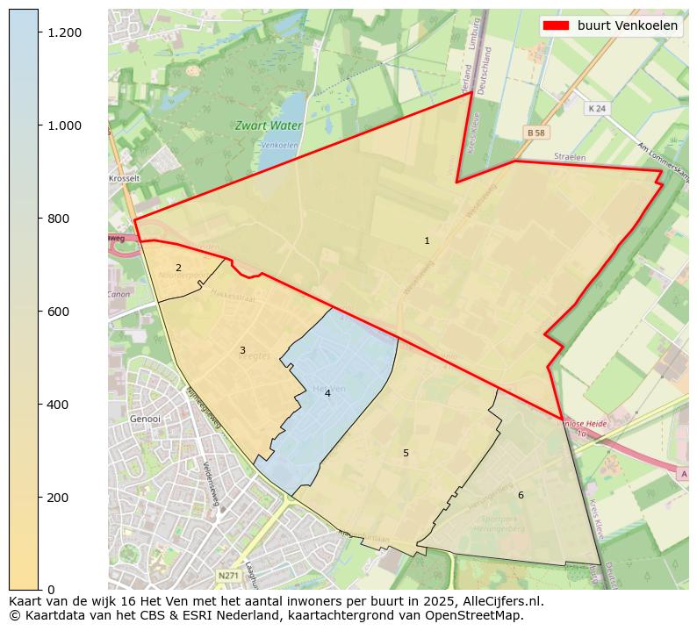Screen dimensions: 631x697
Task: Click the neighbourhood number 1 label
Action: [427, 240]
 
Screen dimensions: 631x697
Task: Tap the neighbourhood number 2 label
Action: [178, 269]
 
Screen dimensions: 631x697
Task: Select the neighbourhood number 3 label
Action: [242, 351]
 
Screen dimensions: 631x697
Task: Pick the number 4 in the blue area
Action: [327, 394]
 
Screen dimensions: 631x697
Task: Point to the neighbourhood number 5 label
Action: [406, 453]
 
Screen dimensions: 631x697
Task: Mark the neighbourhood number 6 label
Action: [521, 495]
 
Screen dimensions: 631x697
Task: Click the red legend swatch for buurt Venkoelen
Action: [557, 25]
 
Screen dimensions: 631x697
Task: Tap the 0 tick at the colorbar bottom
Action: [51, 590]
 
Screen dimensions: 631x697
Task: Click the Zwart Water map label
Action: [269, 125]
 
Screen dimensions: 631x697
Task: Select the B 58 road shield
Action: [536, 132]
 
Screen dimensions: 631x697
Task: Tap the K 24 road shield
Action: [597, 108]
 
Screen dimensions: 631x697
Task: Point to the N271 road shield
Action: [227, 576]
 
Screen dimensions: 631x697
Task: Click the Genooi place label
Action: [145, 419]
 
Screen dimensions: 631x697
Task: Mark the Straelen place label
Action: [569, 156]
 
